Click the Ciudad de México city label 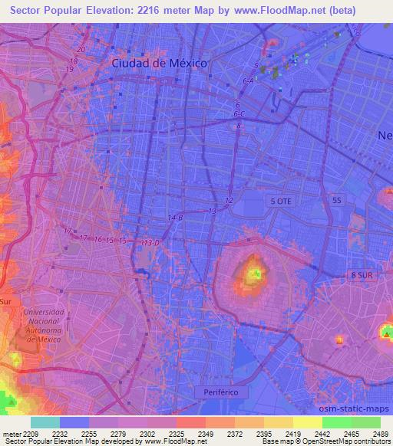159,64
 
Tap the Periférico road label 222,392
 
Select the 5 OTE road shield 279,200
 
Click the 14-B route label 176,218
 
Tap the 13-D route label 150,243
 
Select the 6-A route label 248,80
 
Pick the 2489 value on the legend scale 381,434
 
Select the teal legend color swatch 45,422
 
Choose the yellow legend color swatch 307,422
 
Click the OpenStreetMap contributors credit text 354,441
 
